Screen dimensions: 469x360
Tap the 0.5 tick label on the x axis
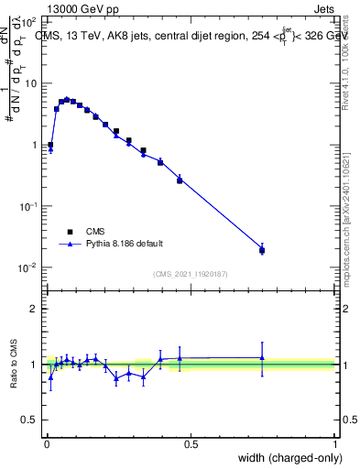[x=191, y=443]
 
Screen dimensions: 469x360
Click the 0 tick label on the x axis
[x=47, y=443]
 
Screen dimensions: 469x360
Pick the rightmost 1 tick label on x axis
[x=335, y=443]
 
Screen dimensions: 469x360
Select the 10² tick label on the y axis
[x=29, y=21]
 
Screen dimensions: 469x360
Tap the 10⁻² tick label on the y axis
[x=29, y=267]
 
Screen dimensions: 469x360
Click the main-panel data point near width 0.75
[x=262, y=249]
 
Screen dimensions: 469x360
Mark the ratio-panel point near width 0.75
[x=262, y=357]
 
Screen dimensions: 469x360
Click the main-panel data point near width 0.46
[x=180, y=180]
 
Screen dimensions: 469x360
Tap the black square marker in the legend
[x=70, y=232]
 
